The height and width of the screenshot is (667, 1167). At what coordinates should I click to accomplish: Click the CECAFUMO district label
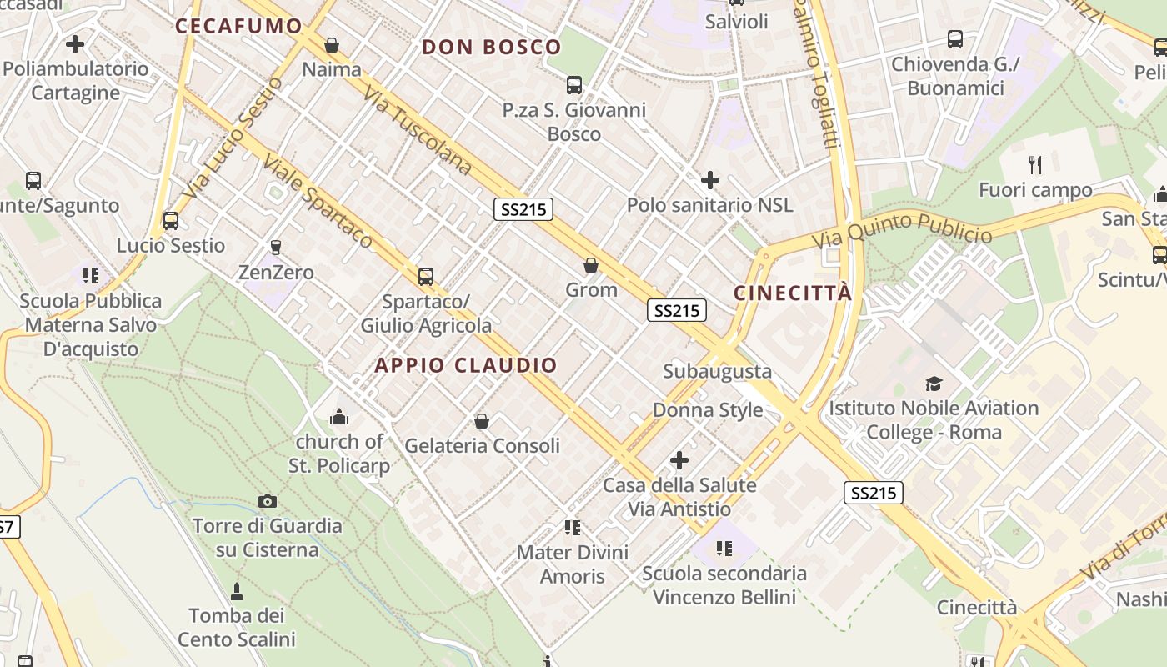[238, 26]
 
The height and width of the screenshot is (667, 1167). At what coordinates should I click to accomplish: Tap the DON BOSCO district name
[492, 47]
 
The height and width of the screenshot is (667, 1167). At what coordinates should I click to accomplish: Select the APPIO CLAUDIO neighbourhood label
[466, 365]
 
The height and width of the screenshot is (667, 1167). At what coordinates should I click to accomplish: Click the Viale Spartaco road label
[319, 202]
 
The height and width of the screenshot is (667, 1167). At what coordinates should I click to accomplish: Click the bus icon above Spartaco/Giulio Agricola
[426, 276]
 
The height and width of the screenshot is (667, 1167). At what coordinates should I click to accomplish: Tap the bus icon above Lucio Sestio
[171, 221]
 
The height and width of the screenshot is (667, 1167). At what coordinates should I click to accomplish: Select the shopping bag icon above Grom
[591, 266]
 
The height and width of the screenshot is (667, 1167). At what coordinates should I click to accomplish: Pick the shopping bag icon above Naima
[332, 45]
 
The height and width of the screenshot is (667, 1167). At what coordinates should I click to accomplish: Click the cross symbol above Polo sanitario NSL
[710, 180]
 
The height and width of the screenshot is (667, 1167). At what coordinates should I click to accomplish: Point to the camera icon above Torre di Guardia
[268, 501]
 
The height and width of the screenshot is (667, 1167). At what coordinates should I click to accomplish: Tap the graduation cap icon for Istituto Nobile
[934, 384]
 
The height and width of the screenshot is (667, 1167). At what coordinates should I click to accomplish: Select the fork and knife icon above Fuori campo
[1035, 165]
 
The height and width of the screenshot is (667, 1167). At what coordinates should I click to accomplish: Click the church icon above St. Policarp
[339, 417]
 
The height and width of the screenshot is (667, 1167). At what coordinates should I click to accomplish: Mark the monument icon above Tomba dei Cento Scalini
[237, 592]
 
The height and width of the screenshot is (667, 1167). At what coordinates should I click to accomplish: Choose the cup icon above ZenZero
[276, 247]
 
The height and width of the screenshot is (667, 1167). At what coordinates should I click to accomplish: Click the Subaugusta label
[717, 371]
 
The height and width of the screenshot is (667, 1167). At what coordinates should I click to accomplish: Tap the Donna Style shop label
[708, 410]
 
